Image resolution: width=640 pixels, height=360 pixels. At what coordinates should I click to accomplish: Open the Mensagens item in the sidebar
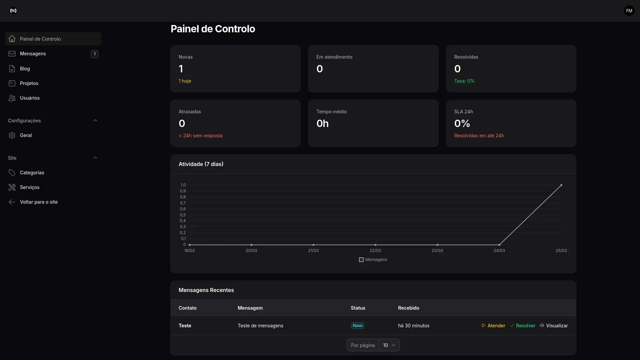click(x=33, y=54)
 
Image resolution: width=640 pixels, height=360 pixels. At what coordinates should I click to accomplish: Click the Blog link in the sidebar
click(x=25, y=69)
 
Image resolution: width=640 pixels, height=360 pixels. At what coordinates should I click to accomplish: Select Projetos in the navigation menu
click(x=29, y=83)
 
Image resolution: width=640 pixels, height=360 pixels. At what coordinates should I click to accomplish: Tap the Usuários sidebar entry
click(x=30, y=98)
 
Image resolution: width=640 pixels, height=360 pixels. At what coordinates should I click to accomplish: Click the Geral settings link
click(x=26, y=135)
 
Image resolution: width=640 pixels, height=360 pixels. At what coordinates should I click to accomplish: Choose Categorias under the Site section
click(x=32, y=173)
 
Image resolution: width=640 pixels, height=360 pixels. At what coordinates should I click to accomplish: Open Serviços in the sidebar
click(x=29, y=187)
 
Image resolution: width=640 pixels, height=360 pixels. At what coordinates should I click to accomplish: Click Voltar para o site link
click(x=38, y=202)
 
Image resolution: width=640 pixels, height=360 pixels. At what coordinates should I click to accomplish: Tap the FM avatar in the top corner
click(x=629, y=11)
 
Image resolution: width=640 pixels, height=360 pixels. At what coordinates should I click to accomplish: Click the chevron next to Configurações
click(x=95, y=121)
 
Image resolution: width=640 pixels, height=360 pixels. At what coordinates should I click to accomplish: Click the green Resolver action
click(x=523, y=326)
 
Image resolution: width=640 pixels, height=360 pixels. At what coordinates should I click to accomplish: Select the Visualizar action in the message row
click(x=554, y=326)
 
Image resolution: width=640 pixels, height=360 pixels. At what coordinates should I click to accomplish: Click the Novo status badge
click(x=357, y=326)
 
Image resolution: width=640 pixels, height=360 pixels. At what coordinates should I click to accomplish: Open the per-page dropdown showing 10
click(x=389, y=345)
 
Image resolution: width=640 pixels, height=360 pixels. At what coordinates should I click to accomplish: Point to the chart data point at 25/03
click(x=561, y=185)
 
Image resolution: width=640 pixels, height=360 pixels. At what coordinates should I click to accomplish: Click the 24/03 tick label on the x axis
click(x=499, y=251)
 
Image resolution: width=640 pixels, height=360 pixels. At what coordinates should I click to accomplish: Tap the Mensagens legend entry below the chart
click(x=373, y=260)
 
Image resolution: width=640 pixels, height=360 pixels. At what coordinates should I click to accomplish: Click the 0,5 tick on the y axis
click(x=183, y=215)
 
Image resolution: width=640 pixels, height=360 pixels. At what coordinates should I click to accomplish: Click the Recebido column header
click(x=408, y=308)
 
